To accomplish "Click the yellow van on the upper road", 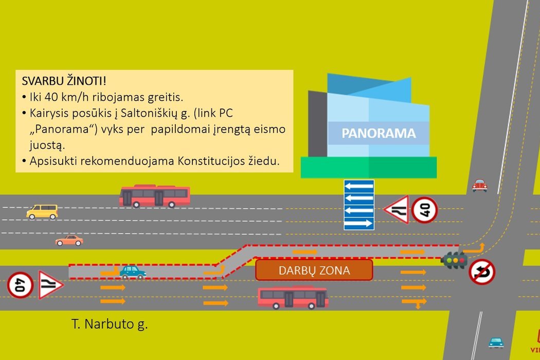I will coord(42,211).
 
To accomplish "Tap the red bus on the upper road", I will coord(155,196).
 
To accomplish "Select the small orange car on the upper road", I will coord(69,240).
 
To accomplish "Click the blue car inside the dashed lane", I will coord(133,272).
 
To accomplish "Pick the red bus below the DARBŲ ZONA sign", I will coord(293,298).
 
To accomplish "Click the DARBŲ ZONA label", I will coord(314,270).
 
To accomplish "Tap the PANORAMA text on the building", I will coord(379,134).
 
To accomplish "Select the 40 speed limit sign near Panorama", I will coord(425,210).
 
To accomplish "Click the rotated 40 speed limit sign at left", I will coord(21,285).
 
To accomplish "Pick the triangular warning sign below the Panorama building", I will coord(397,210).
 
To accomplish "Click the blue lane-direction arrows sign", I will coord(359,204).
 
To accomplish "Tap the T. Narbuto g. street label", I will coord(110,325).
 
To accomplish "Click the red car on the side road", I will coord(480,185).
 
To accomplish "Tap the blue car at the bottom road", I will coord(496,343).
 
